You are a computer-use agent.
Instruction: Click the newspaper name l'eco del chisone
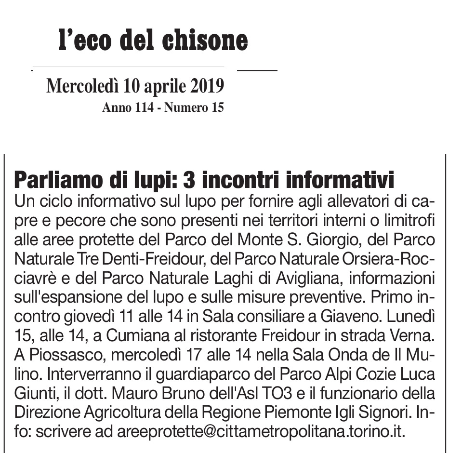pos(153,40)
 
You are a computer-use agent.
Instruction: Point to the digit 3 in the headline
pos(189,180)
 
